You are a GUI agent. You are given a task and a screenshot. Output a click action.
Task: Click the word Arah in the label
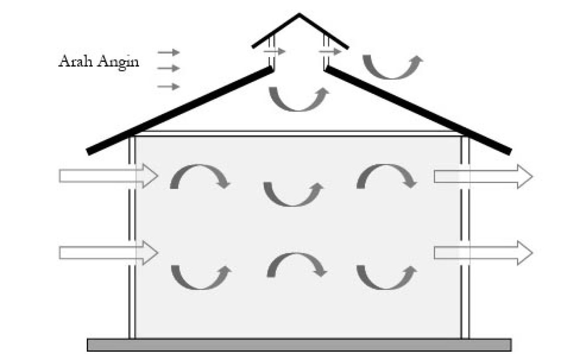pyautogui.click(x=73, y=61)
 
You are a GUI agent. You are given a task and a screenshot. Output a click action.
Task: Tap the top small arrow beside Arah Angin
pyautogui.click(x=169, y=52)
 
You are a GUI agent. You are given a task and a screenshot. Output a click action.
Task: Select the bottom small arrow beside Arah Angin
pyautogui.click(x=169, y=86)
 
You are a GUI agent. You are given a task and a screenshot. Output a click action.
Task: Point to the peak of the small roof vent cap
pyautogui.click(x=299, y=15)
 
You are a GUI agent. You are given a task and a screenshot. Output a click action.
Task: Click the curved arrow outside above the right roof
pyautogui.click(x=393, y=68)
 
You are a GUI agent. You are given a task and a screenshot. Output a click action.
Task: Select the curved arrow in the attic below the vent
pyautogui.click(x=298, y=100)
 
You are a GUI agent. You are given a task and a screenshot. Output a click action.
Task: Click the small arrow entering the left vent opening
pyautogui.click(x=274, y=51)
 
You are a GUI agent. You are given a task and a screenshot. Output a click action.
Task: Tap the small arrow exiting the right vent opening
pyautogui.click(x=330, y=52)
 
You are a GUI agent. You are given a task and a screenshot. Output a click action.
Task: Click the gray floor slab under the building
pyautogui.click(x=299, y=345)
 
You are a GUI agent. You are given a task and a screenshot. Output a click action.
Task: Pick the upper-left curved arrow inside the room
pyautogui.click(x=200, y=175)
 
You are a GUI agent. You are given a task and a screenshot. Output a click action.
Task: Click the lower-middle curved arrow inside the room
pyautogui.click(x=297, y=265)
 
